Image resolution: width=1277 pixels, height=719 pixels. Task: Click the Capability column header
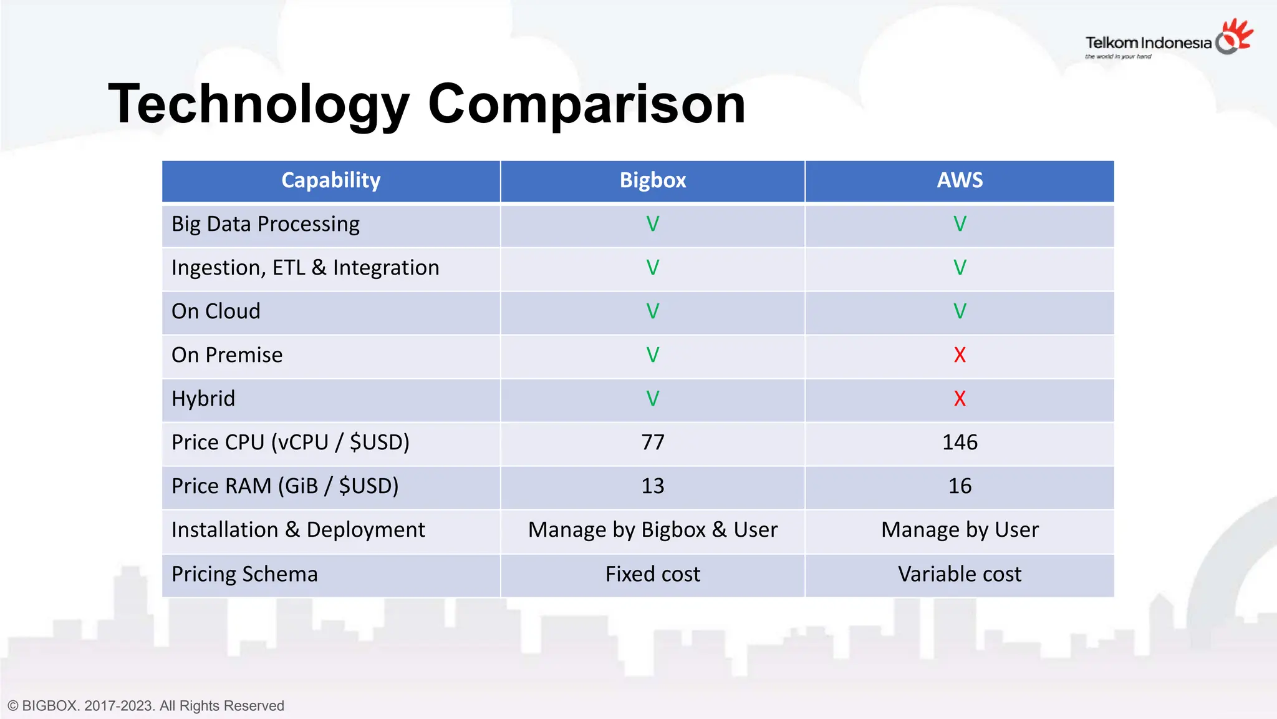tap(330, 180)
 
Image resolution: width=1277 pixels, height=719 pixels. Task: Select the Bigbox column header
tap(652, 180)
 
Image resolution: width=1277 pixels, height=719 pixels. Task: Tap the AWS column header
tap(960, 180)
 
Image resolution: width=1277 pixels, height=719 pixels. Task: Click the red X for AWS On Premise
tap(960, 355)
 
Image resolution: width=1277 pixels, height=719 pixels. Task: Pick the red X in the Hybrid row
tap(960, 399)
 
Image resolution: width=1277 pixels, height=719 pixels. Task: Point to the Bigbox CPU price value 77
tap(653, 443)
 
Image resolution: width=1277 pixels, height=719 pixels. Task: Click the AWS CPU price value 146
tap(960, 443)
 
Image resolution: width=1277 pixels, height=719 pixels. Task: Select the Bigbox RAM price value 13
tap(653, 486)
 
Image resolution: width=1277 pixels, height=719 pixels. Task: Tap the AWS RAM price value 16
tap(960, 486)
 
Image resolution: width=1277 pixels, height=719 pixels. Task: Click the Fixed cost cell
tap(653, 574)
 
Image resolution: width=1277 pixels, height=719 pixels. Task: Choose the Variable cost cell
tap(960, 574)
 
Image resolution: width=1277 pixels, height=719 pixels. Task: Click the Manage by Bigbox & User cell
tap(653, 530)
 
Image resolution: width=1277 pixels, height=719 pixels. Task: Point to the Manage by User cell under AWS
tap(960, 530)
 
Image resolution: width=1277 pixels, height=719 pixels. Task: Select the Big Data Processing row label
tap(266, 224)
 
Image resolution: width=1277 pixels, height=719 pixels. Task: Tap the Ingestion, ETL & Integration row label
tap(305, 268)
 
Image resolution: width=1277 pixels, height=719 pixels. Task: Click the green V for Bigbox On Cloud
tap(653, 311)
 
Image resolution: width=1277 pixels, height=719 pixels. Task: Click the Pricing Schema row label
tap(244, 574)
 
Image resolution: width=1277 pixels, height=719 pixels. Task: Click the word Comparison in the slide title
tap(586, 104)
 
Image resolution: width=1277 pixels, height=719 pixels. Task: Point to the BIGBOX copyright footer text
tap(146, 706)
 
